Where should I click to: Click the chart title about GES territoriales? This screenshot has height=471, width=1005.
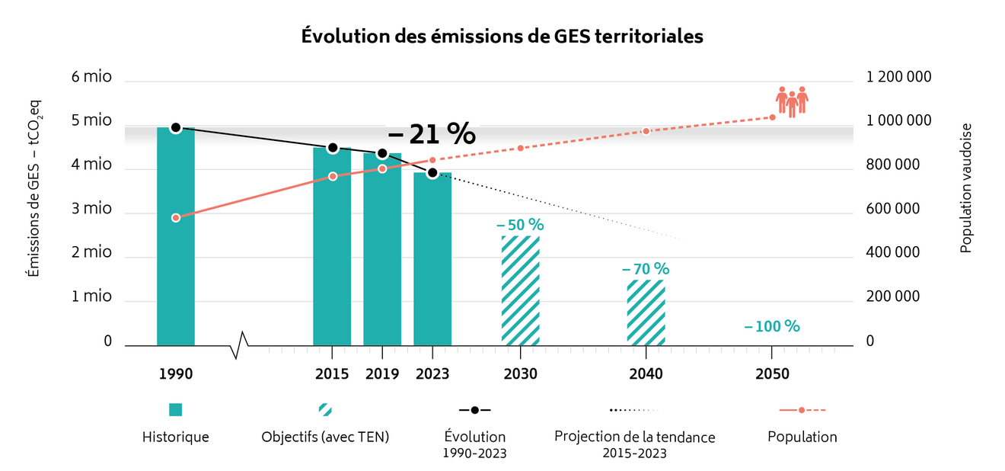click(x=502, y=36)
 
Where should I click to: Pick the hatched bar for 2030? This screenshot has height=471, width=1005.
click(x=520, y=290)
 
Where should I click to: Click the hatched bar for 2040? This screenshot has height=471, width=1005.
click(x=646, y=312)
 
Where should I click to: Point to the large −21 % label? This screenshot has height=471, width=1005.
click(x=432, y=134)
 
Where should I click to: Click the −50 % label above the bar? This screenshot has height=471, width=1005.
click(x=520, y=225)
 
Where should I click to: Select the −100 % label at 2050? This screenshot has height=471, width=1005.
click(x=771, y=326)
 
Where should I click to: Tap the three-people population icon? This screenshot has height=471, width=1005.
click(x=791, y=101)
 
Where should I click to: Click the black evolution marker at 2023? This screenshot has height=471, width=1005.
click(x=432, y=173)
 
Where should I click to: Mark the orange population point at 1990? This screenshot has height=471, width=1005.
click(x=176, y=218)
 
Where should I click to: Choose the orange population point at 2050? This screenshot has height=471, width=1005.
click(x=772, y=117)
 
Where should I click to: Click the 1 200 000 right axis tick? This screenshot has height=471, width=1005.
click(x=898, y=77)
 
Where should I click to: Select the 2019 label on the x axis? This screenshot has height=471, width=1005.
click(x=382, y=374)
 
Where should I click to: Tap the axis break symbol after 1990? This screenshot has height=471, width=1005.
click(x=240, y=344)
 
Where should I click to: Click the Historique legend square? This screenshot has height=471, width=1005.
click(x=176, y=410)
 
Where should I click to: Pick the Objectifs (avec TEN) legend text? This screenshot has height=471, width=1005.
click(x=325, y=437)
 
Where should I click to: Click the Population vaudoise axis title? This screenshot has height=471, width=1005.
click(x=965, y=187)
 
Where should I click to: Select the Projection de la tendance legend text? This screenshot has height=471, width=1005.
click(x=634, y=437)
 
